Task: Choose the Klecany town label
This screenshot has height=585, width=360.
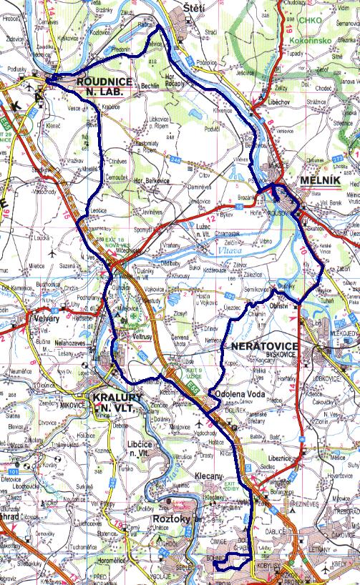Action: pos(209,475)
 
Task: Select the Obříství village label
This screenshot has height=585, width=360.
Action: pos(278,306)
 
